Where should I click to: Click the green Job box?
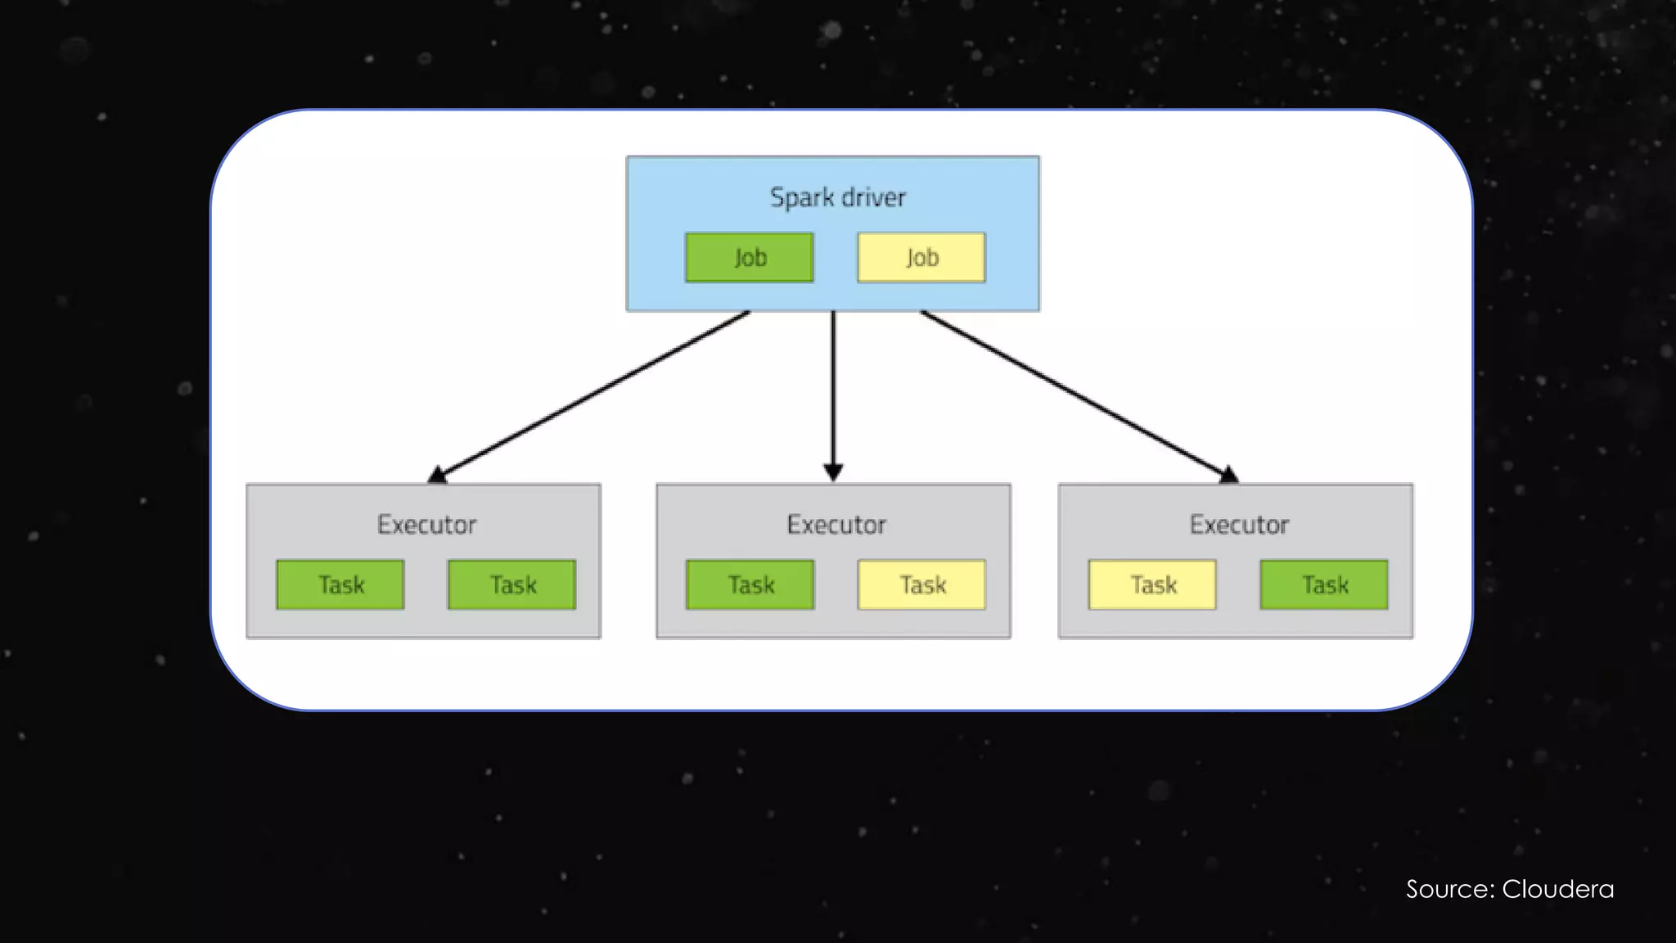coord(749,258)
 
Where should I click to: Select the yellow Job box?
coord(921,258)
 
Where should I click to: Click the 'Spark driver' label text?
coord(837,197)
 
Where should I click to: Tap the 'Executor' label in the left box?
coord(426,525)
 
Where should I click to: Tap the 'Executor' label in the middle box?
coord(836,525)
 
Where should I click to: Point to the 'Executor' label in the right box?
coord(1239,525)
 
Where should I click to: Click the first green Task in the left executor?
coord(340,584)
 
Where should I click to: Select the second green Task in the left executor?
coord(512,584)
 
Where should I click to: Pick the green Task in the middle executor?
coord(750,584)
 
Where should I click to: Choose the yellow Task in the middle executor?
coord(922,584)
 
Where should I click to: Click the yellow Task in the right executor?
coord(1152,584)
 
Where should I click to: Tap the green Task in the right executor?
coord(1324,584)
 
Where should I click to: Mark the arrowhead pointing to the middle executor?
coord(833,472)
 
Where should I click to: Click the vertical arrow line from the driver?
coord(833,385)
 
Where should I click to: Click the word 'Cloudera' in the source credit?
coord(1557,889)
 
